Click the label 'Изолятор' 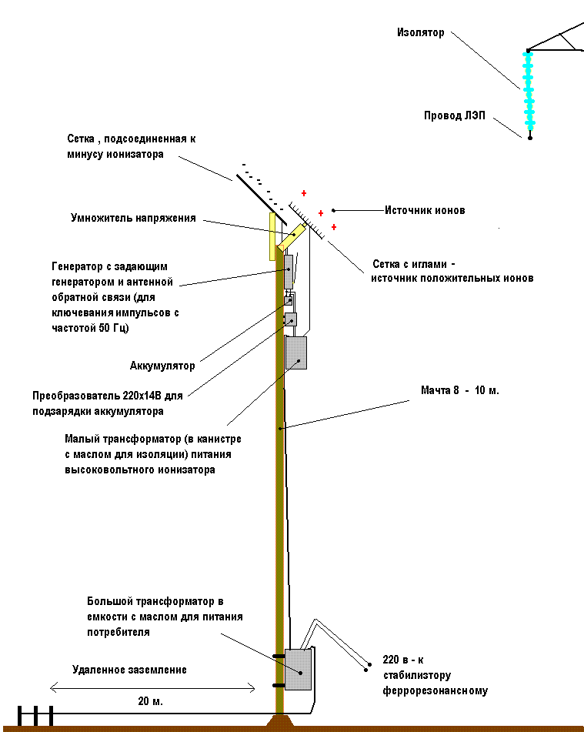420,33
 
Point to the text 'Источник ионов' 425,210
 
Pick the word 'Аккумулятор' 162,366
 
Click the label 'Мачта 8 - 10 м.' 460,390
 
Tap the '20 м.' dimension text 149,701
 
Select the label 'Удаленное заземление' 129,670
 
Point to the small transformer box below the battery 296,353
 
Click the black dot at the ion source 333,210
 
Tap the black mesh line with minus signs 258,196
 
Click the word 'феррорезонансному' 435,690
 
